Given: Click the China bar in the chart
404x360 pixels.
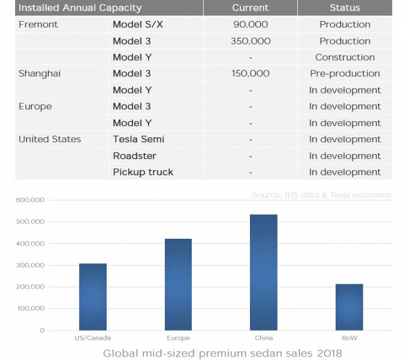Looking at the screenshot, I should click(264, 272).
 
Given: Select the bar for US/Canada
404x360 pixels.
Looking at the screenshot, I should click(92, 297).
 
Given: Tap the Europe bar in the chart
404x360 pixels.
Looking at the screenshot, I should click(178, 284).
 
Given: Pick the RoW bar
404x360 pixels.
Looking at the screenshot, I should click(349, 307).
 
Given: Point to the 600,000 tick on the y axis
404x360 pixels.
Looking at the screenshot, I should click(30, 200).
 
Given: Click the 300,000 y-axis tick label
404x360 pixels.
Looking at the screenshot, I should click(30, 265).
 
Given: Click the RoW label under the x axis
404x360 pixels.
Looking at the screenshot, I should click(349, 338).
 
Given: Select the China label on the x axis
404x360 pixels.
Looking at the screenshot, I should click(264, 338).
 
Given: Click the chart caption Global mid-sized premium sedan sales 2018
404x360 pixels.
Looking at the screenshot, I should click(222, 353).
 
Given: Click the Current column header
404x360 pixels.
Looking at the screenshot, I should click(251, 8).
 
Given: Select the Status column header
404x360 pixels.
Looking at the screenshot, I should click(345, 8).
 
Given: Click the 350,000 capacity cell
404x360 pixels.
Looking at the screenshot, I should click(251, 41).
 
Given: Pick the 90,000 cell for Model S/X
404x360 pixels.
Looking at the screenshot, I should click(251, 25).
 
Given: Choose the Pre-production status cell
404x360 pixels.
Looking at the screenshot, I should click(345, 74).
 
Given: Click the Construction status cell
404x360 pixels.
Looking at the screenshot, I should click(345, 58).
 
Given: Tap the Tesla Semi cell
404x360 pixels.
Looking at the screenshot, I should click(138, 139).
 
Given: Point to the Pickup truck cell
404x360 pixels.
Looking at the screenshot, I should click(143, 172).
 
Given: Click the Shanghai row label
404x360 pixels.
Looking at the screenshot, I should click(40, 74).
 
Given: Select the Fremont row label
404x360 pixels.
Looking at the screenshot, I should click(38, 25).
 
